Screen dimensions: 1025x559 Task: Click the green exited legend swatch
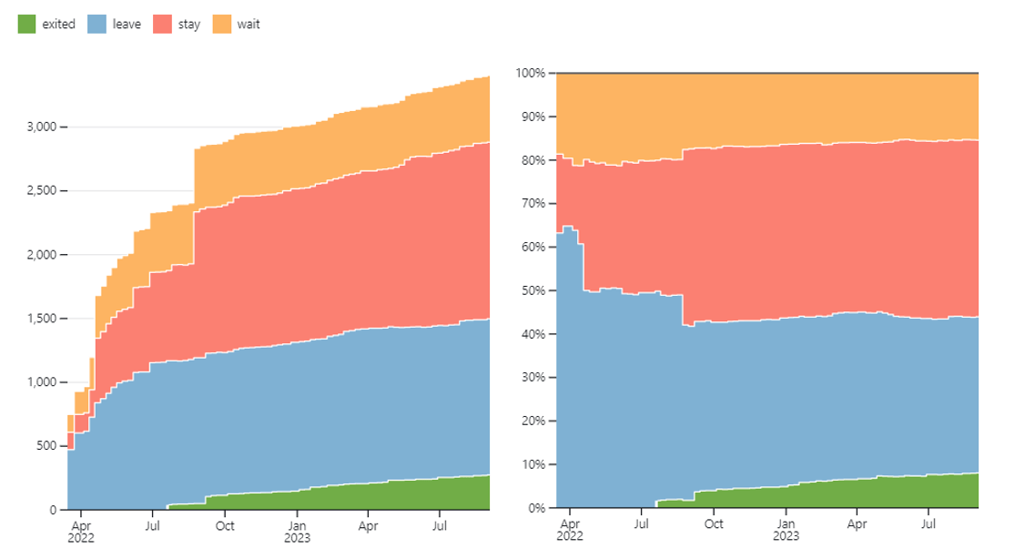pos(26,25)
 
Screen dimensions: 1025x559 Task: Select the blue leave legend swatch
pos(96,25)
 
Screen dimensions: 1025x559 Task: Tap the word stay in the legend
pos(189,25)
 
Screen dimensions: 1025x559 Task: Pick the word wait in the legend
pos(249,25)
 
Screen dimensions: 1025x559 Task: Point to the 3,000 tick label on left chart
pos(42,127)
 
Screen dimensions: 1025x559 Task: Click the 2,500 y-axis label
pos(42,191)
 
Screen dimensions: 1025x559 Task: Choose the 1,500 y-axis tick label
pos(42,319)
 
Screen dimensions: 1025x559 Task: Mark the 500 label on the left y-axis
pos(46,446)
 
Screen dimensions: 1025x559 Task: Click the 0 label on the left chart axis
pos(54,510)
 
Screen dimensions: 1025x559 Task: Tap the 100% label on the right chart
pos(530,73)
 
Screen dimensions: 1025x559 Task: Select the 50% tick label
pos(533,291)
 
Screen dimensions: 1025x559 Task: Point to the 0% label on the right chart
pos(537,508)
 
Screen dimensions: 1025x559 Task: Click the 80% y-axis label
pos(533,160)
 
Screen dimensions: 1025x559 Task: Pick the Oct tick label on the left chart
pos(225,525)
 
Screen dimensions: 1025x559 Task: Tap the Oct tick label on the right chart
pos(714,523)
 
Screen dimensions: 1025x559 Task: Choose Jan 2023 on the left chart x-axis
pos(297,532)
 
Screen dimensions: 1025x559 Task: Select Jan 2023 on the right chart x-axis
pos(786,530)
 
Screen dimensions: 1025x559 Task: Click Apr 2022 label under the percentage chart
pos(569,530)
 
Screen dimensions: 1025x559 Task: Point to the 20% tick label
pos(533,421)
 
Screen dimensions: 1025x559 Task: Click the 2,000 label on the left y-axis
pos(42,255)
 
